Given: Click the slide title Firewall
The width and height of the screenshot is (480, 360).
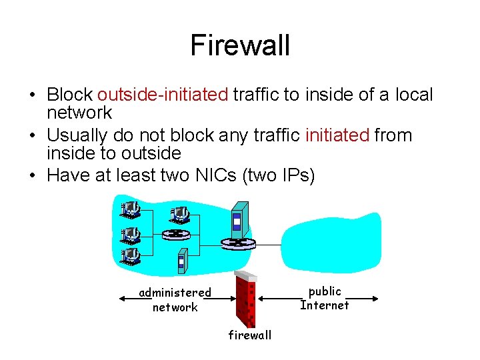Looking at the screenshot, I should (x=240, y=45).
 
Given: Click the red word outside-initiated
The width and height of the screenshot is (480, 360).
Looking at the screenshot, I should (x=163, y=95).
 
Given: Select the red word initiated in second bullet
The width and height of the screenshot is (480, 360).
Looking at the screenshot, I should (x=337, y=135).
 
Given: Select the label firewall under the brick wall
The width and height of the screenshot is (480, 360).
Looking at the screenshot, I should (x=250, y=335).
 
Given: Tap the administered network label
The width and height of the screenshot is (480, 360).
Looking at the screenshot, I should (x=175, y=299).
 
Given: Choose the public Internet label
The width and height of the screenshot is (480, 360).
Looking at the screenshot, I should (x=325, y=298).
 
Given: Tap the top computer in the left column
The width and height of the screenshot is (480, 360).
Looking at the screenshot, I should (x=129, y=211).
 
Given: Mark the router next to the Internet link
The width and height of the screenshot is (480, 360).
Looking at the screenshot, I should (x=239, y=244).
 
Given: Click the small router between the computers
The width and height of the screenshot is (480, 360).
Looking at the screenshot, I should (x=175, y=234).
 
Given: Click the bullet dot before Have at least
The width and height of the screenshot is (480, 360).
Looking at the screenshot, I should (x=33, y=175).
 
